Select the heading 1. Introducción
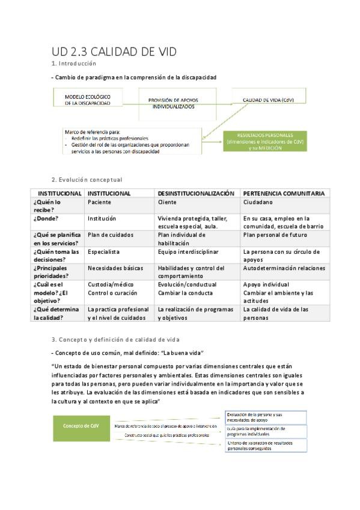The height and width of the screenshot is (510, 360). [74, 63]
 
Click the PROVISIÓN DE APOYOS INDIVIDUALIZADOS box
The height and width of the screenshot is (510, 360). [173, 102]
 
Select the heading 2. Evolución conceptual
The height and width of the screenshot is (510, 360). [87, 179]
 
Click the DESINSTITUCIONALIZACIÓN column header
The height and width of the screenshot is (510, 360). [196, 194]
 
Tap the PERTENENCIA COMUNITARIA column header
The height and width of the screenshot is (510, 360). [284, 194]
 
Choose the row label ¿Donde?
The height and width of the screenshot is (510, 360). [42, 219]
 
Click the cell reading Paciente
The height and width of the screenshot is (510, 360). [99, 203]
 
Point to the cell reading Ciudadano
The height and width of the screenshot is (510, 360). [258, 203]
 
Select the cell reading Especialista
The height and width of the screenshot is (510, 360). [104, 252]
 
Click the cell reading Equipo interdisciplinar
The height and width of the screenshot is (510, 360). [188, 252]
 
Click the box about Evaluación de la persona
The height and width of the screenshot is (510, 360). [266, 416]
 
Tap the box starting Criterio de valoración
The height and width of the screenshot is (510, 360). [266, 446]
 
